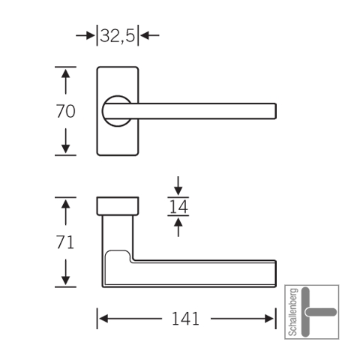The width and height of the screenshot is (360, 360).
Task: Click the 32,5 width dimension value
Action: [118, 35]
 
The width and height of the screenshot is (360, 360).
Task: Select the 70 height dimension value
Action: [65, 111]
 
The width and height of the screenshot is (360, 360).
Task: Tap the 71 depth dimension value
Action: [65, 242]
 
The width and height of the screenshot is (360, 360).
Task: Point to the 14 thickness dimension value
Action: [178, 206]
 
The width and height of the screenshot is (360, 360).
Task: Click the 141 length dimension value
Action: [186, 319]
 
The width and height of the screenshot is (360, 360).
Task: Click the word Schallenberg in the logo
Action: [293, 312]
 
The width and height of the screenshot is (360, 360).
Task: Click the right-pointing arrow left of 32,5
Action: [85, 35]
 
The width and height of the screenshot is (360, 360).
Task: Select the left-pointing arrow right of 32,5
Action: [150, 35]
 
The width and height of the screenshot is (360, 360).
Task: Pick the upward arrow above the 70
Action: [65, 82]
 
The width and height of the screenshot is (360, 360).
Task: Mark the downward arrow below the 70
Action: [65, 141]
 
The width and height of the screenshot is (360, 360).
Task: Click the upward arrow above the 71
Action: [65, 212]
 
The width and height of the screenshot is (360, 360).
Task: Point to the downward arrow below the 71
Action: [65, 272]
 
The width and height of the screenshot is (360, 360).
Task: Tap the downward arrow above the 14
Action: [178, 186]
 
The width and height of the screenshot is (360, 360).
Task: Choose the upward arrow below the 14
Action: [178, 227]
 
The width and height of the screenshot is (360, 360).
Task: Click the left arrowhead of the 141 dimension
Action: [103, 319]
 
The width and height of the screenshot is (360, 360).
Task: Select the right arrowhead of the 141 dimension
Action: [269, 319]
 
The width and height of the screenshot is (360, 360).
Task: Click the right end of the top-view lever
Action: [276, 111]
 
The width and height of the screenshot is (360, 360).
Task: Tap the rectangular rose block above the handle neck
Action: [118, 206]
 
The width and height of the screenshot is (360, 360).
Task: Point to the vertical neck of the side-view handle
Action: [118, 232]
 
